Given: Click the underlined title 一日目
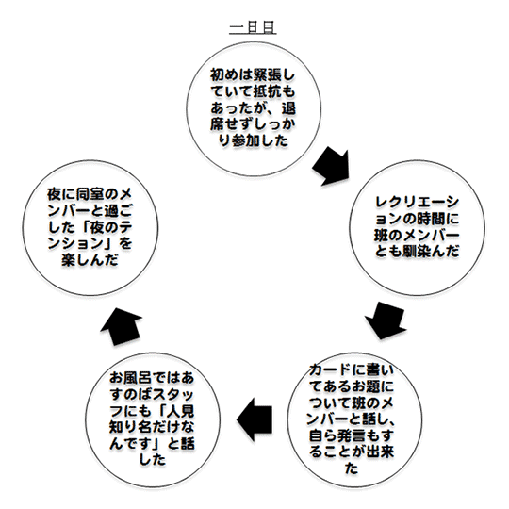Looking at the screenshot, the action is [x=253, y=27].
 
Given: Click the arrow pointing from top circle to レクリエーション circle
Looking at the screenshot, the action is [x=332, y=167].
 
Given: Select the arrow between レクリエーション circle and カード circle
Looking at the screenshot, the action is [x=386, y=320].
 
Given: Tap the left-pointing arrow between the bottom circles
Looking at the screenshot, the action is [x=254, y=419].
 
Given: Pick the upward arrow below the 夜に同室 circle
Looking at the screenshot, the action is [x=121, y=326].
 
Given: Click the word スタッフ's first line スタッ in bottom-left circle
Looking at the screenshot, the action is [x=173, y=394].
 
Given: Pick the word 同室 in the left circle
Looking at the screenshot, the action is [x=90, y=194].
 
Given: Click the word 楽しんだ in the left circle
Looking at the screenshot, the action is [x=90, y=260].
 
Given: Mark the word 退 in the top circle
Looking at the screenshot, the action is [x=288, y=107].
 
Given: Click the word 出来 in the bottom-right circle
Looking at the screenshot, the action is [x=380, y=452].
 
